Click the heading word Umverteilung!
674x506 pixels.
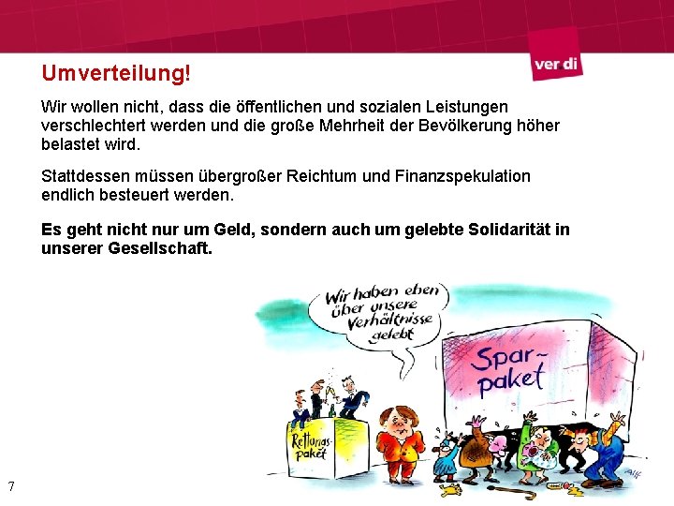coord(115,72)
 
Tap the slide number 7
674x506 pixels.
coord(10,485)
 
